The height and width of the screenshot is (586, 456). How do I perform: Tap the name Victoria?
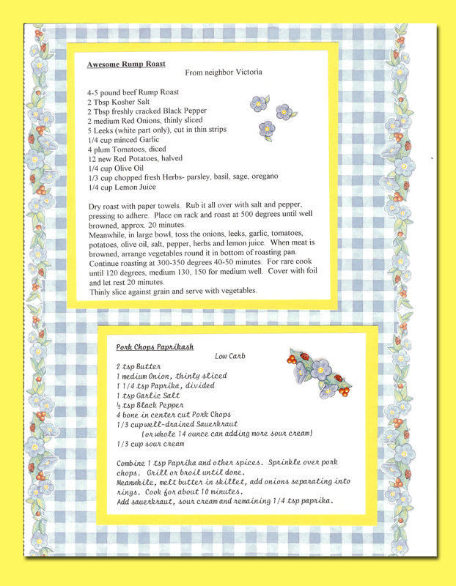[x=244, y=72]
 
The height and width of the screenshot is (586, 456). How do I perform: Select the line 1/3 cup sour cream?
[x=150, y=444]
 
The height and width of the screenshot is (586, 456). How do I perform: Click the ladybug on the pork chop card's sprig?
[x=339, y=378]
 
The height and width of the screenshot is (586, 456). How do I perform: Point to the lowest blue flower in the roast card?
[x=267, y=130]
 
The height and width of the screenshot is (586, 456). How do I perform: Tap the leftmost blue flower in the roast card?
[x=258, y=103]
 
